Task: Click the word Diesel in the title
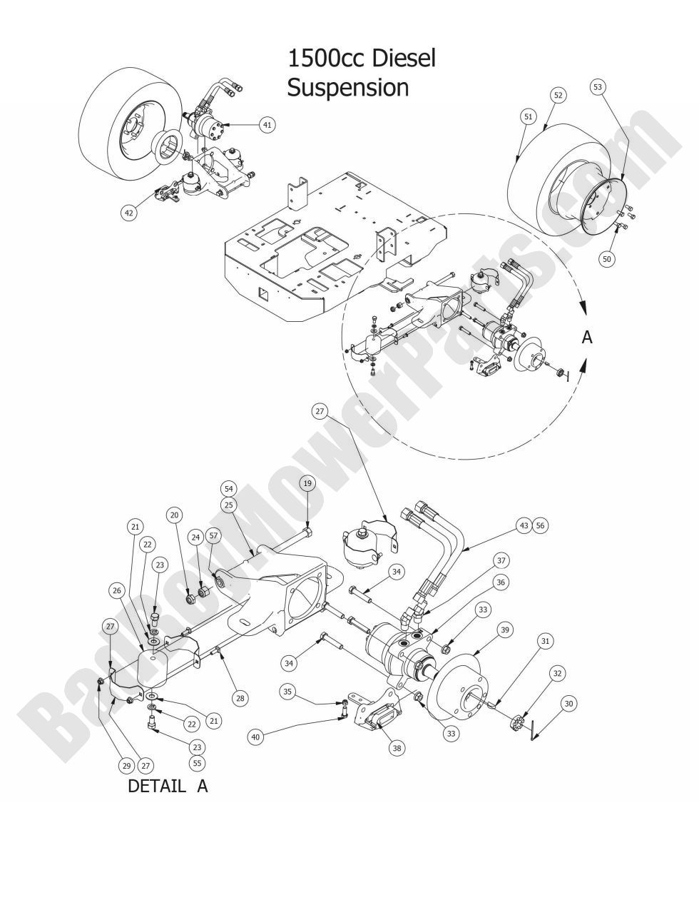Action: [400, 59]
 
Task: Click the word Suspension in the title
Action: [347, 88]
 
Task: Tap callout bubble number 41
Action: [267, 125]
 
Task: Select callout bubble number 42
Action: [129, 212]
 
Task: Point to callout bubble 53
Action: [598, 87]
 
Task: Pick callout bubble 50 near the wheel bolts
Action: [606, 259]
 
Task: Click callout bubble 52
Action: [558, 95]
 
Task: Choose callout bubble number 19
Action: [307, 483]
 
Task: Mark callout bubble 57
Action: [213, 535]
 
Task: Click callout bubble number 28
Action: [241, 698]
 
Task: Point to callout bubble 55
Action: [198, 763]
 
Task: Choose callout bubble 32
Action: [556, 672]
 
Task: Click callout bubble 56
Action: [540, 525]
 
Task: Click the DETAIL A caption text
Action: [168, 787]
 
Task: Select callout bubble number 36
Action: [501, 582]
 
